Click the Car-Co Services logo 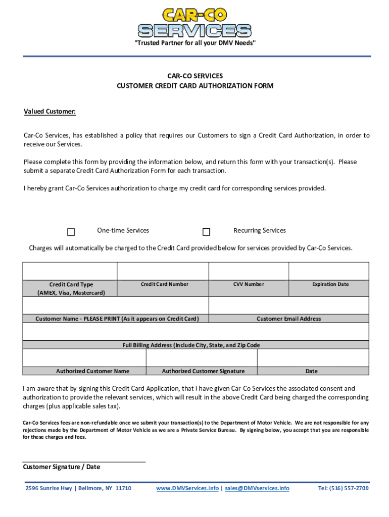[x=194, y=23]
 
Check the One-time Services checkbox [x=71, y=232]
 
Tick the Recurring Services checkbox [x=206, y=232]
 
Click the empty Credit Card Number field [x=163, y=271]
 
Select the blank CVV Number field [x=248, y=271]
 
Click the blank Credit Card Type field [x=70, y=271]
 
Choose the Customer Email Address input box [x=288, y=305]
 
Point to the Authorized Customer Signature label [x=203, y=371]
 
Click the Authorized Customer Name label [x=92, y=371]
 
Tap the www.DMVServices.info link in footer [x=187, y=488]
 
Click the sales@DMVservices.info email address [x=257, y=488]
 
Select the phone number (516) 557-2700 [x=343, y=488]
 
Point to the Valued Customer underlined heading [x=50, y=112]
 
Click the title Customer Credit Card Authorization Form [x=195, y=86]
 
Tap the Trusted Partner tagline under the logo [x=194, y=43]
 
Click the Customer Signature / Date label [x=62, y=467]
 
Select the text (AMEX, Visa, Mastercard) [x=71, y=293]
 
